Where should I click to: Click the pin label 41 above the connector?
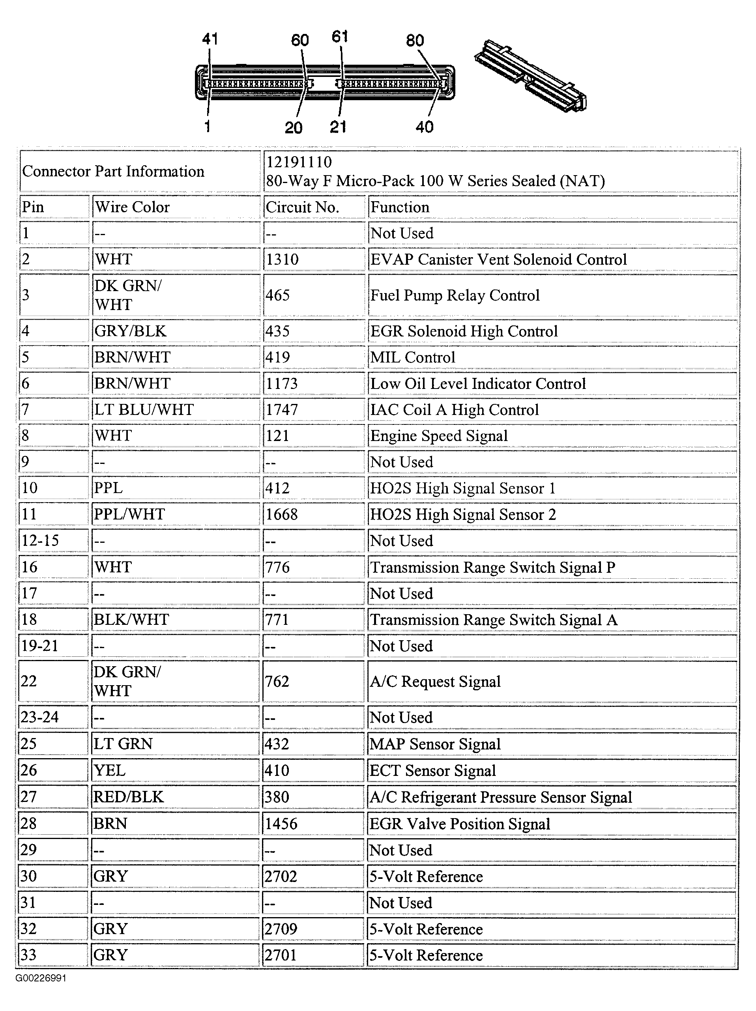tap(210, 39)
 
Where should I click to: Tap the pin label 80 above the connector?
tap(415, 41)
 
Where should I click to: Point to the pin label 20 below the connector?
tap(294, 127)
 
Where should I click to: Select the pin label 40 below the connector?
tap(424, 127)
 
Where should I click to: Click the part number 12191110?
tap(299, 162)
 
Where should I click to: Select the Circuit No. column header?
tap(302, 207)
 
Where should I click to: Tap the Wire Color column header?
tap(132, 207)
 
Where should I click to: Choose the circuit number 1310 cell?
tap(282, 259)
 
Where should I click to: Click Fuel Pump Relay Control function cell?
tap(455, 295)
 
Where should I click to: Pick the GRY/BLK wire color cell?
tap(130, 331)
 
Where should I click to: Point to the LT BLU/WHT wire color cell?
tap(144, 409)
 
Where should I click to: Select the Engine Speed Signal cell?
tap(439, 435)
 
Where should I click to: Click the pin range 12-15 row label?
tap(40, 540)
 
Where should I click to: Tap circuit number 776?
tap(277, 567)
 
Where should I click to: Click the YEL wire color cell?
tap(109, 771)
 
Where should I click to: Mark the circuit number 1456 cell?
tap(281, 824)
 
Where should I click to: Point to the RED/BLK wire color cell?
tap(129, 797)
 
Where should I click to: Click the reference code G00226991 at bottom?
tap(41, 978)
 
